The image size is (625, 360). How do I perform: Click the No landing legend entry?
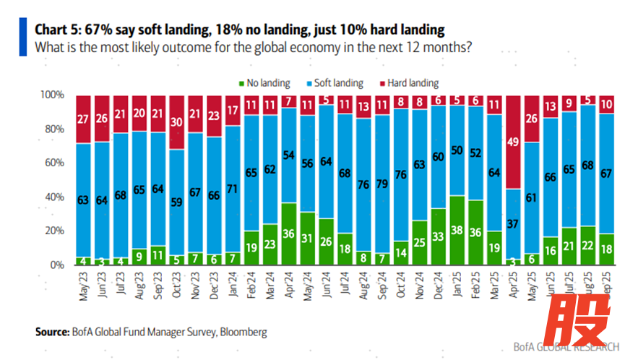tap(259, 83)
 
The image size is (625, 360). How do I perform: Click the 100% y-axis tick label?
tap(53, 95)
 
